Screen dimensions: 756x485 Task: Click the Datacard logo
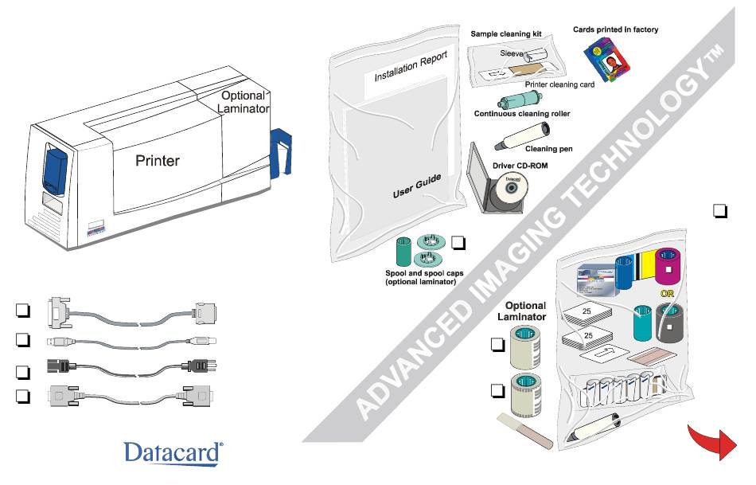coord(173,454)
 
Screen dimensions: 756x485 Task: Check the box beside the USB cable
coord(23,340)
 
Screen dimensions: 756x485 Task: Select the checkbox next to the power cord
coord(23,372)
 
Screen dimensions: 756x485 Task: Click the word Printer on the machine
coord(158,161)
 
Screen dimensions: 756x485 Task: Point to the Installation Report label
coord(411,65)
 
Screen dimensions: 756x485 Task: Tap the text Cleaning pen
coord(548,149)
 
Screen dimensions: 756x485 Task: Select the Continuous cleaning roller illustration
coord(520,100)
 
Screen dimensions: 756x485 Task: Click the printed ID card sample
coord(606,59)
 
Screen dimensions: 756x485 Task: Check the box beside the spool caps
coord(458,242)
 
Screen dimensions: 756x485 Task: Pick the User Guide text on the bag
coord(417,186)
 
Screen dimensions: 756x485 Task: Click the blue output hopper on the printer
coord(281,151)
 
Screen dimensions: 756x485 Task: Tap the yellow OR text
coord(668,294)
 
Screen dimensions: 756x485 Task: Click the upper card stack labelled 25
coord(586,314)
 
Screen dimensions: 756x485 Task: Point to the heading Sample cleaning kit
coord(506,33)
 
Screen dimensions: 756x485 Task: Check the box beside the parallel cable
coord(23,311)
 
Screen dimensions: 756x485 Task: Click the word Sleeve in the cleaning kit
coord(511,53)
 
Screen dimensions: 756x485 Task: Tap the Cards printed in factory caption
coord(615,29)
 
